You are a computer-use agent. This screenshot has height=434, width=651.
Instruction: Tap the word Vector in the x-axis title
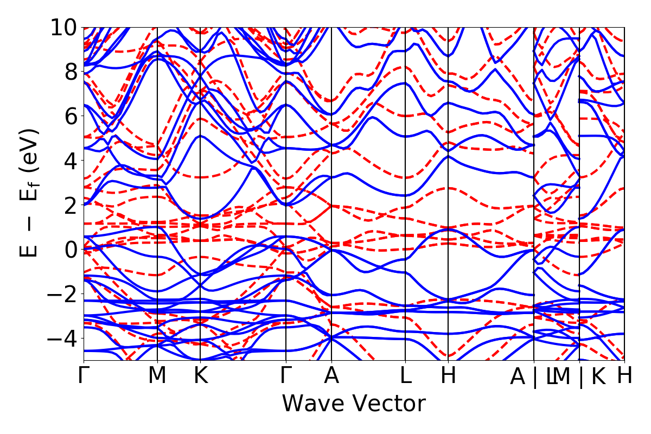pyautogui.click(x=387, y=404)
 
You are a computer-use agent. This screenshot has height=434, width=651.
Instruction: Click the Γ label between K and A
pyautogui.click(x=286, y=376)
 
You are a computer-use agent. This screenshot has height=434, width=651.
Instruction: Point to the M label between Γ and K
pyautogui.click(x=157, y=376)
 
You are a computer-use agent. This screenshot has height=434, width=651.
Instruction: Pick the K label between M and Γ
pyautogui.click(x=201, y=376)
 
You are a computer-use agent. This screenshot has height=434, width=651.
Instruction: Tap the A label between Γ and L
pyautogui.click(x=331, y=376)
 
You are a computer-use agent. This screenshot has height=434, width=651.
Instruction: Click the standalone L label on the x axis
pyautogui.click(x=405, y=376)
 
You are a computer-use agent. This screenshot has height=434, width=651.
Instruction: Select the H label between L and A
pyautogui.click(x=448, y=376)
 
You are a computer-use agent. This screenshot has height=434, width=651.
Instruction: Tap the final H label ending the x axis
pyautogui.click(x=624, y=376)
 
